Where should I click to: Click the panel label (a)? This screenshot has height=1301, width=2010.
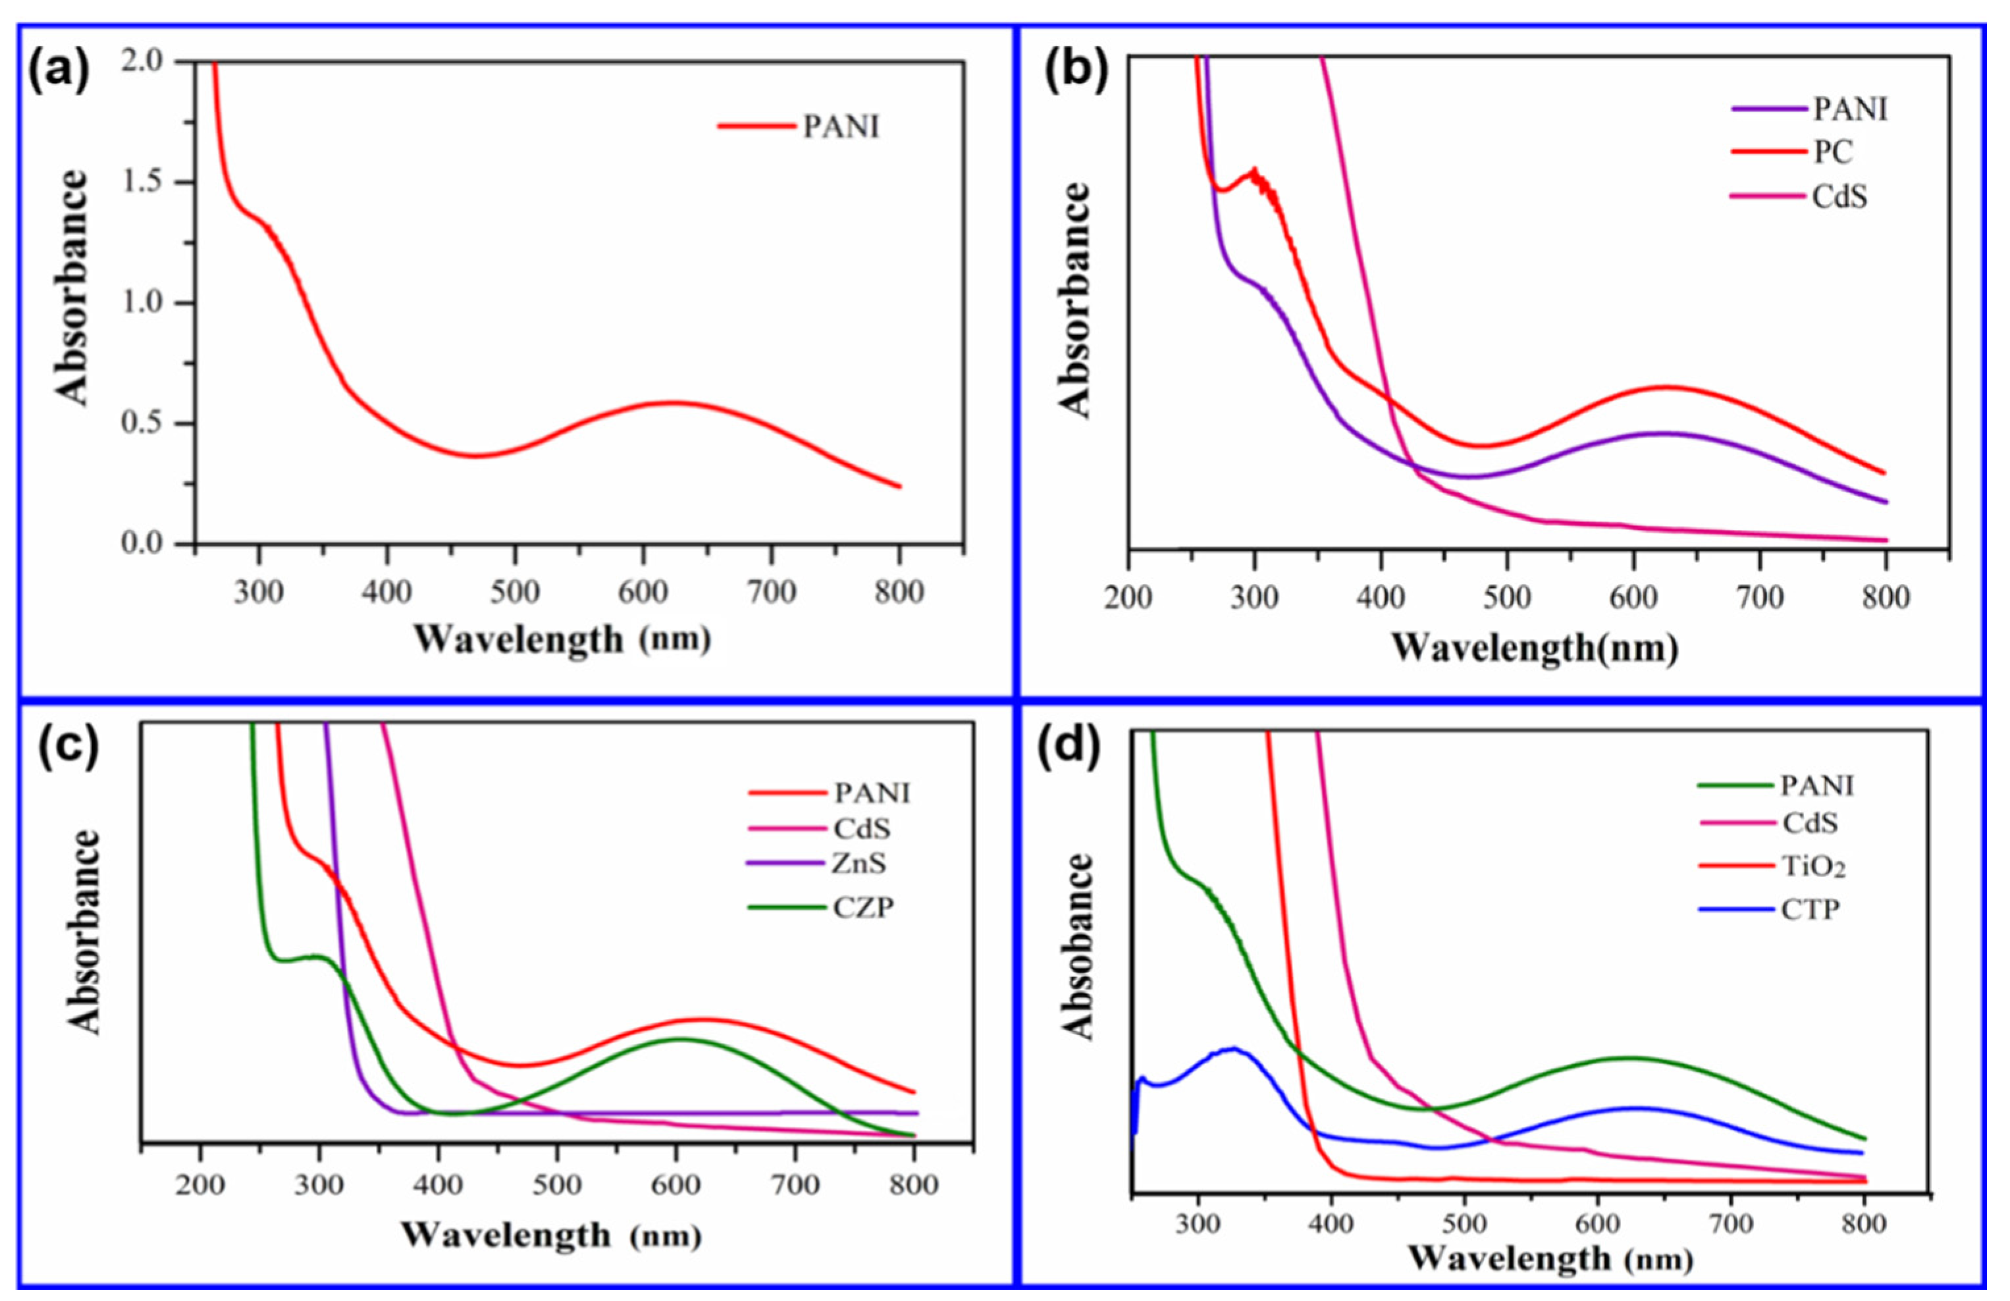[59, 71]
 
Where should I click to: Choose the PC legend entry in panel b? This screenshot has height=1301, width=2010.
[1833, 153]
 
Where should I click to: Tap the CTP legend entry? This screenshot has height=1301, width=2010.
[1810, 911]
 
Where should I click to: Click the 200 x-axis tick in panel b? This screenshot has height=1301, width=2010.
[1128, 598]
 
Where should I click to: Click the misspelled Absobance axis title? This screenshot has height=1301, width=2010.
[1077, 946]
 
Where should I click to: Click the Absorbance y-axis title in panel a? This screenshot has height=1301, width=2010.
[72, 287]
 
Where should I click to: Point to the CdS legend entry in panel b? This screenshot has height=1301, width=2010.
[1839, 198]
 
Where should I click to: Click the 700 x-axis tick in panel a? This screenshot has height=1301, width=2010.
[772, 592]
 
